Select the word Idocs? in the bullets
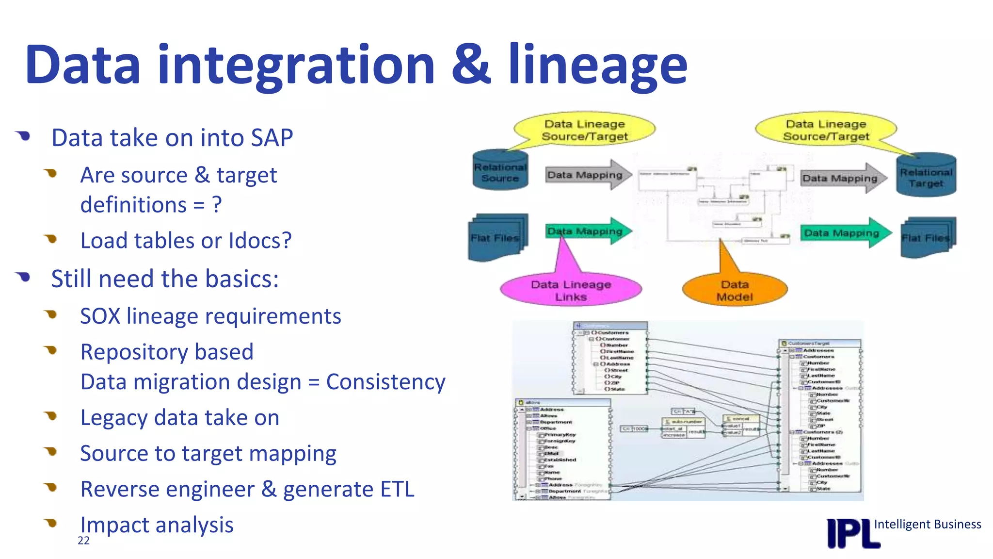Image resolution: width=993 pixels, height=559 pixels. (260, 241)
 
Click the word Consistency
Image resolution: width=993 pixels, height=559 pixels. (385, 382)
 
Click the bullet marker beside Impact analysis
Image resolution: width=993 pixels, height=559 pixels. (51, 523)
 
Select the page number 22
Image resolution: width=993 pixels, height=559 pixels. (83, 541)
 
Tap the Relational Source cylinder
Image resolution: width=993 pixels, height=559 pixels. (500, 171)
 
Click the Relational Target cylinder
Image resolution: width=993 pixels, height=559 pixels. (926, 176)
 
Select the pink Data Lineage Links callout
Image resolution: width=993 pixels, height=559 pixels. (571, 290)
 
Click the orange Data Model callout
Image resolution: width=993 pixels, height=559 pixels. (735, 290)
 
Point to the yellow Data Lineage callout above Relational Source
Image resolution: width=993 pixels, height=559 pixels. (584, 130)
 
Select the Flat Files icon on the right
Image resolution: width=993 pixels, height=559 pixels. (927, 238)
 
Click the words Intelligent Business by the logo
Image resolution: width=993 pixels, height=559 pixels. (927, 524)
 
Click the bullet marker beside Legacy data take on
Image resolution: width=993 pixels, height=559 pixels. (51, 416)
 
